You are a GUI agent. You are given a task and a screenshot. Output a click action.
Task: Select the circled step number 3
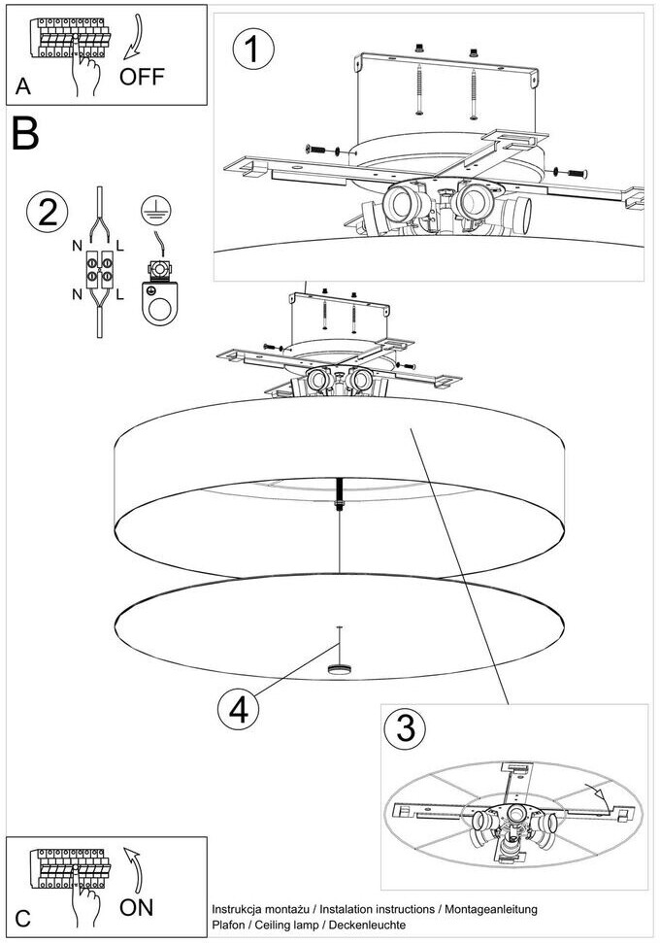403,729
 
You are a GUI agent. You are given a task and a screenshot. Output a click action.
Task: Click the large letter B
26,134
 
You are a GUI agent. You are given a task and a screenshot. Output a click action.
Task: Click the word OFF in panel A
143,76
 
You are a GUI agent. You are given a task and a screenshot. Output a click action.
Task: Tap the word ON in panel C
138,907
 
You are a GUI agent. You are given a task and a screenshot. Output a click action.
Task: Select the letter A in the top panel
23,86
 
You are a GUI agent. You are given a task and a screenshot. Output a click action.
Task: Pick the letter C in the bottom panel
23,917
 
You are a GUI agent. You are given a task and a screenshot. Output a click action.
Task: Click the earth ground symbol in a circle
151,204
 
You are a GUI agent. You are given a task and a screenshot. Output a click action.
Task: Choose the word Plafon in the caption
229,925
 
